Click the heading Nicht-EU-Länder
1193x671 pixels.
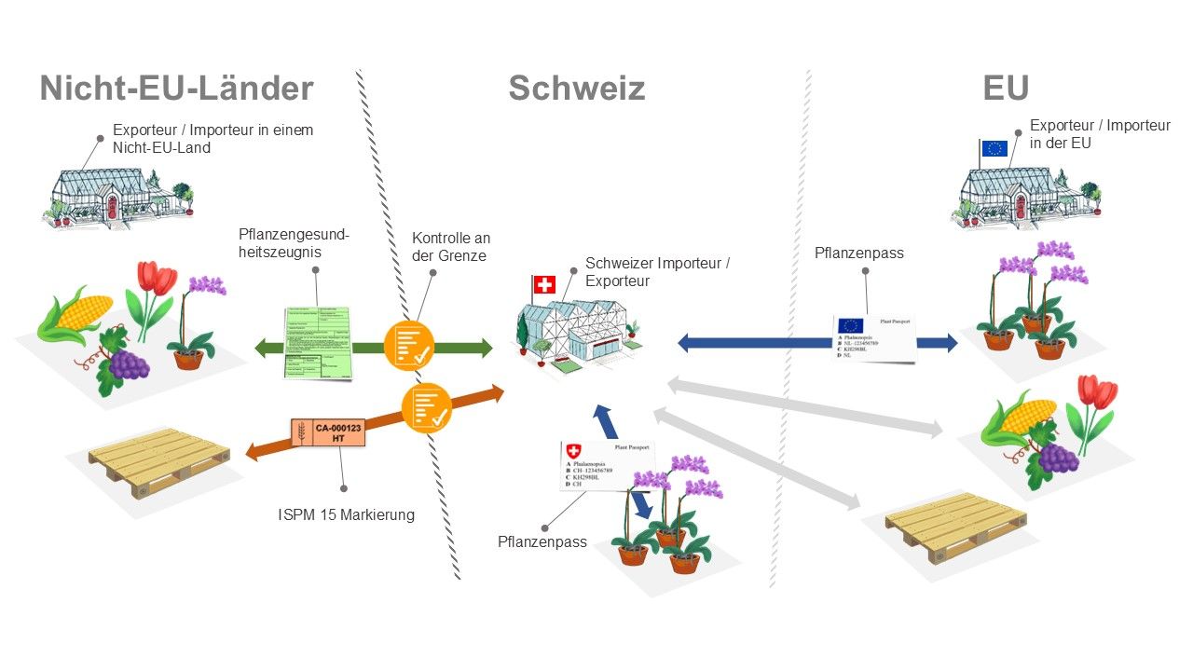tap(176, 89)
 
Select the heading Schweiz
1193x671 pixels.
tap(576, 89)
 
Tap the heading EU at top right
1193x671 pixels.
tap(1006, 89)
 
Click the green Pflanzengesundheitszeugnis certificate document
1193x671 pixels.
tap(318, 342)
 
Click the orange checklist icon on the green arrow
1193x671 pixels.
tap(409, 345)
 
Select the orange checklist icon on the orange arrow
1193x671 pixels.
tap(427, 406)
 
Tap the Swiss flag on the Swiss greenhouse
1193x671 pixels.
tap(544, 284)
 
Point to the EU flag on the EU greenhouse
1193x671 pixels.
tap(994, 149)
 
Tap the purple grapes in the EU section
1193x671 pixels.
tap(1058, 458)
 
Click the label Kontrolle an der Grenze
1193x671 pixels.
tap(451, 247)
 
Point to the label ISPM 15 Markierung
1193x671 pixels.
tap(345, 514)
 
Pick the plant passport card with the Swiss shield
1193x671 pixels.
tap(606, 465)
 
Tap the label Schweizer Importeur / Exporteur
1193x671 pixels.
tap(657, 272)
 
